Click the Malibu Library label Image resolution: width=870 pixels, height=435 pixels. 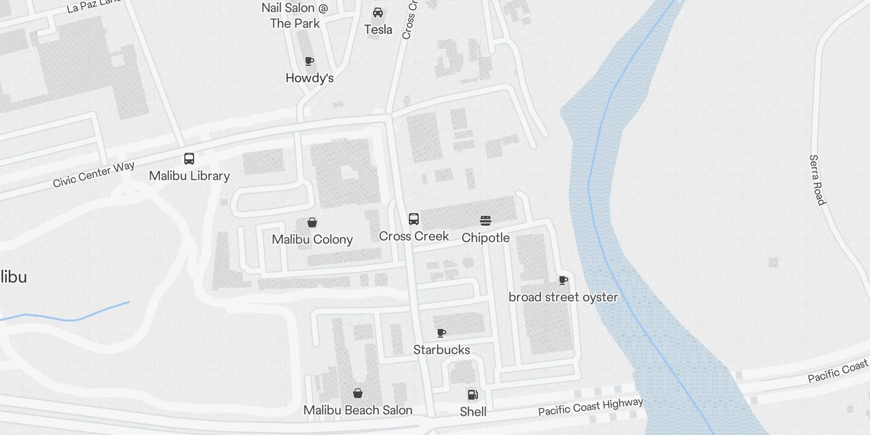(x=189, y=176)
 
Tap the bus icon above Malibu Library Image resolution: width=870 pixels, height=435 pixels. (x=189, y=159)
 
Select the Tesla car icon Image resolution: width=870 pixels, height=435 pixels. (x=378, y=13)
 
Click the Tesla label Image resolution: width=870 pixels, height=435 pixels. (x=378, y=29)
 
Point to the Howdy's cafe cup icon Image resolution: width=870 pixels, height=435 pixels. (x=309, y=61)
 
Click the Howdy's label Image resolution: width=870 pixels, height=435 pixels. (x=309, y=78)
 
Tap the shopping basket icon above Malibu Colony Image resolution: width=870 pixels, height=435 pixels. (x=312, y=222)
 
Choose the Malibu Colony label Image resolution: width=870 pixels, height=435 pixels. (x=312, y=239)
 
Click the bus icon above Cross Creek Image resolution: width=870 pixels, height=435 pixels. (x=414, y=219)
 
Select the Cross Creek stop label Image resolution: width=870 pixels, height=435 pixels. (x=414, y=236)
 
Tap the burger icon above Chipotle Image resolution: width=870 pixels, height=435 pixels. (x=486, y=221)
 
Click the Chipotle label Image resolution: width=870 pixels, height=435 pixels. (x=486, y=238)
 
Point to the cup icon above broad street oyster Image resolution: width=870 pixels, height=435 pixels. (x=563, y=280)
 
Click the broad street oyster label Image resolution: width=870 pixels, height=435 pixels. (x=563, y=297)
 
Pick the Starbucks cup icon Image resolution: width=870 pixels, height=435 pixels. (x=442, y=333)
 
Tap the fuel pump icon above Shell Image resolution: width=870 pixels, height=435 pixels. (x=473, y=395)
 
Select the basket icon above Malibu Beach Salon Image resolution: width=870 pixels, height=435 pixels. (x=358, y=393)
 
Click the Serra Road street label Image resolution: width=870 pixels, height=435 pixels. (x=817, y=180)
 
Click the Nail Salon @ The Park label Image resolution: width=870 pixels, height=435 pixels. (x=295, y=15)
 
